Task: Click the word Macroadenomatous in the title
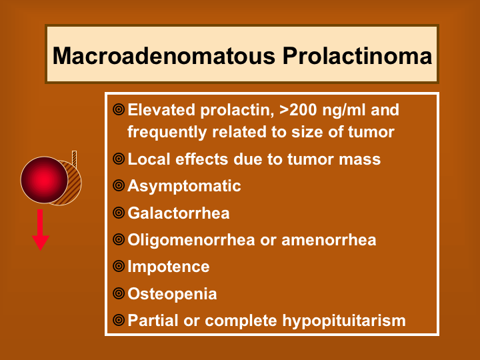[164, 56]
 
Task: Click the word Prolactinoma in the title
[357, 56]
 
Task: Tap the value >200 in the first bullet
[299, 110]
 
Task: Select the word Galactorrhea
[179, 213]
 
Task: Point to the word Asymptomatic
[184, 187]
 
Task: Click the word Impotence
[169, 267]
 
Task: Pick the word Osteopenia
[173, 294]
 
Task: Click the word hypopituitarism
[344, 321]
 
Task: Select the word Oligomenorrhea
[191, 240]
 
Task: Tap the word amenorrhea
[329, 240]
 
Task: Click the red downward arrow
[41, 230]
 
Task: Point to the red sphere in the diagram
[45, 180]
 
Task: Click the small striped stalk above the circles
[74, 159]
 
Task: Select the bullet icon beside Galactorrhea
[119, 213]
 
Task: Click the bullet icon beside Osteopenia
[119, 293]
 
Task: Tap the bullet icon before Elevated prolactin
[119, 109]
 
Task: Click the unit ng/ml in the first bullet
[344, 111]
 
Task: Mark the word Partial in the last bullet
[153, 321]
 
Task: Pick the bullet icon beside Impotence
[119, 266]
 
